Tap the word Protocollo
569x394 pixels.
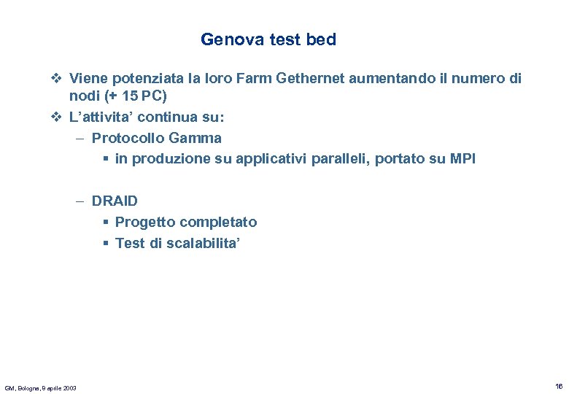coord(128,137)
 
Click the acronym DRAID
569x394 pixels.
coord(115,201)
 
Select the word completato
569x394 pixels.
coord(218,222)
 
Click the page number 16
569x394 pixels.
coord(558,386)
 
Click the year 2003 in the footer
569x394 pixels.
coord(69,387)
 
